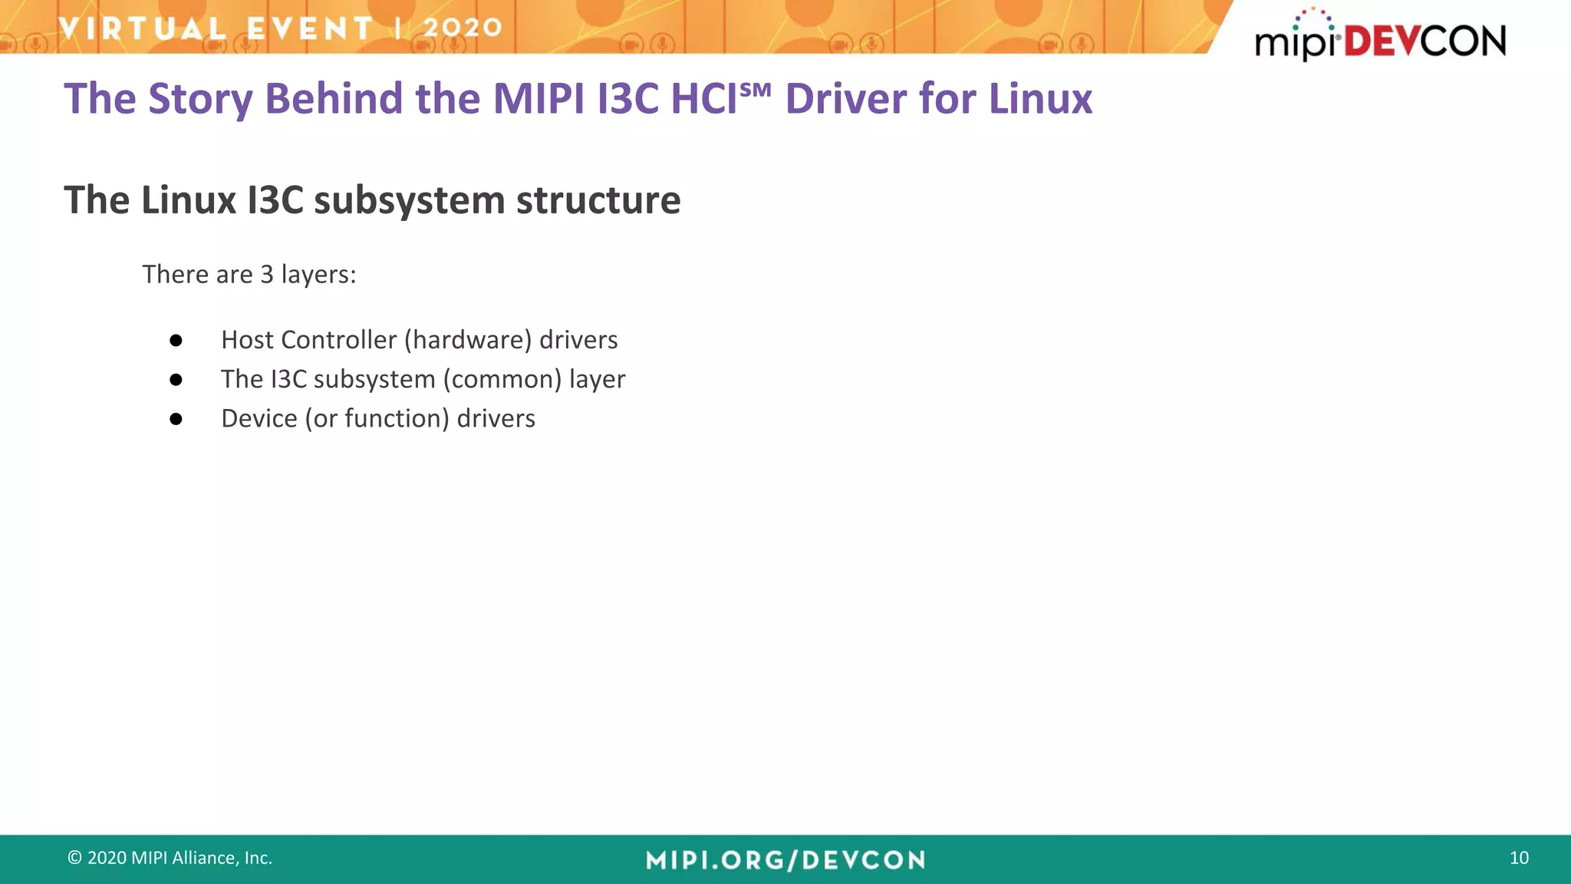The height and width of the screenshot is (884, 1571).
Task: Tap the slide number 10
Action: (1519, 858)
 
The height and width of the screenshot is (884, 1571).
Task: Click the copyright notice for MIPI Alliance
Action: (170, 858)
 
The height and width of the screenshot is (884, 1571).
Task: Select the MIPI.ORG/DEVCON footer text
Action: (785, 860)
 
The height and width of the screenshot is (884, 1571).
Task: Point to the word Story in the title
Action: (199, 99)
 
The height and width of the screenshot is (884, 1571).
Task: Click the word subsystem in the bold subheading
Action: (409, 200)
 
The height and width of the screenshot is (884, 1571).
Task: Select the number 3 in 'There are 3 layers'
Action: (267, 275)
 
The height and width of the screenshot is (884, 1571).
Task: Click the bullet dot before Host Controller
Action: (176, 341)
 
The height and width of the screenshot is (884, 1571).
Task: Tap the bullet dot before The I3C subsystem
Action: (176, 380)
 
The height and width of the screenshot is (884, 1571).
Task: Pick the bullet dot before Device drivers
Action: (176, 419)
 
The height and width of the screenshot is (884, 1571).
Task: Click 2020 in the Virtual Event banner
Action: (462, 28)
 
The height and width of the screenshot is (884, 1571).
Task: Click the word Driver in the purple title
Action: (845, 99)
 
